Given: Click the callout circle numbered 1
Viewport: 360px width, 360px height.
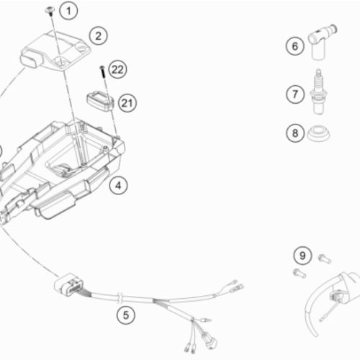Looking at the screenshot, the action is [68, 11].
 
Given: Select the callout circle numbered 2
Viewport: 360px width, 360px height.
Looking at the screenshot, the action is [99, 36].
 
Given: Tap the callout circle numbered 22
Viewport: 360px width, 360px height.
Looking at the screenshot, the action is [117, 70].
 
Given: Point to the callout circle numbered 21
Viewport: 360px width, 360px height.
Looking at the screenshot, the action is [127, 103].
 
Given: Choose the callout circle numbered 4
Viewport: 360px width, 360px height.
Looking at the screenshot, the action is [118, 185].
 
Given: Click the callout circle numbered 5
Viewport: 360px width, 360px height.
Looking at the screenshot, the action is [126, 315].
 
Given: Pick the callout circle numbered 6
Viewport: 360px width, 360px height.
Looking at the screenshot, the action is [295, 46].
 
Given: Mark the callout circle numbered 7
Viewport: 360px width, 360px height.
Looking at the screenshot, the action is [295, 94].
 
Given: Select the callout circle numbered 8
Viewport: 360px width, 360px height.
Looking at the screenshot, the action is [295, 133].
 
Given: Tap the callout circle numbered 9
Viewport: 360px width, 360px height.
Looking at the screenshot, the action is [302, 256].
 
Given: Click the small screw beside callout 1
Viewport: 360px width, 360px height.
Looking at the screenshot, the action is [50, 11].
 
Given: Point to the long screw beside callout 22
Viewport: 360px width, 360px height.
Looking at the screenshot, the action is [103, 71].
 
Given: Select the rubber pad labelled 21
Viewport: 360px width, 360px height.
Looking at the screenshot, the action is [100, 102].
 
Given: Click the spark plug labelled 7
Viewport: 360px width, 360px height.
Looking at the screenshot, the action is [319, 92].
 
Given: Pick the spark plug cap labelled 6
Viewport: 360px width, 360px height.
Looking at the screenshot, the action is [322, 42].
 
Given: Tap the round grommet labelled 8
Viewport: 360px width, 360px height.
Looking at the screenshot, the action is [318, 135].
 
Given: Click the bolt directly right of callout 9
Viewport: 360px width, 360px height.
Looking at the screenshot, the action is [325, 259].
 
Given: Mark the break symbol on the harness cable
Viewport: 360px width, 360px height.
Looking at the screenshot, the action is [120, 297].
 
